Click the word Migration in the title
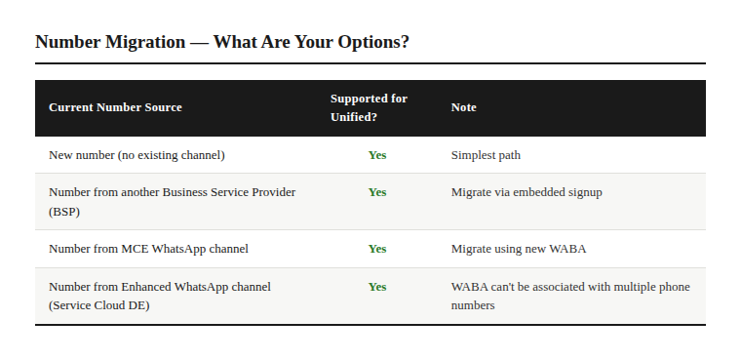pyautogui.click(x=145, y=43)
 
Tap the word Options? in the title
pyautogui.click(x=372, y=43)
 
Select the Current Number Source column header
pyautogui.click(x=115, y=107)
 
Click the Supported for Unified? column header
pyautogui.click(x=369, y=107)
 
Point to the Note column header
pyautogui.click(x=463, y=107)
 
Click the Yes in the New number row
pyautogui.click(x=377, y=155)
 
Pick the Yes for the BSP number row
pyautogui.click(x=377, y=192)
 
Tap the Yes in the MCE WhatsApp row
pyautogui.click(x=377, y=249)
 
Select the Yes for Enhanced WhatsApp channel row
pyautogui.click(x=377, y=287)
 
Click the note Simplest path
pyautogui.click(x=486, y=155)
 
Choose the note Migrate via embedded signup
pyautogui.click(x=526, y=192)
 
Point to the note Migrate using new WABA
pyautogui.click(x=519, y=249)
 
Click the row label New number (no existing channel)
pyautogui.click(x=136, y=155)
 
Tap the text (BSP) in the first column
pyautogui.click(x=64, y=212)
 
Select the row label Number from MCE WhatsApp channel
pyautogui.click(x=148, y=249)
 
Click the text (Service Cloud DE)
pyautogui.click(x=98, y=305)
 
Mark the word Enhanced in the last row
pyautogui.click(x=146, y=287)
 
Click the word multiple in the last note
pyautogui.click(x=620, y=287)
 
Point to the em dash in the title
pyautogui.click(x=199, y=43)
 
